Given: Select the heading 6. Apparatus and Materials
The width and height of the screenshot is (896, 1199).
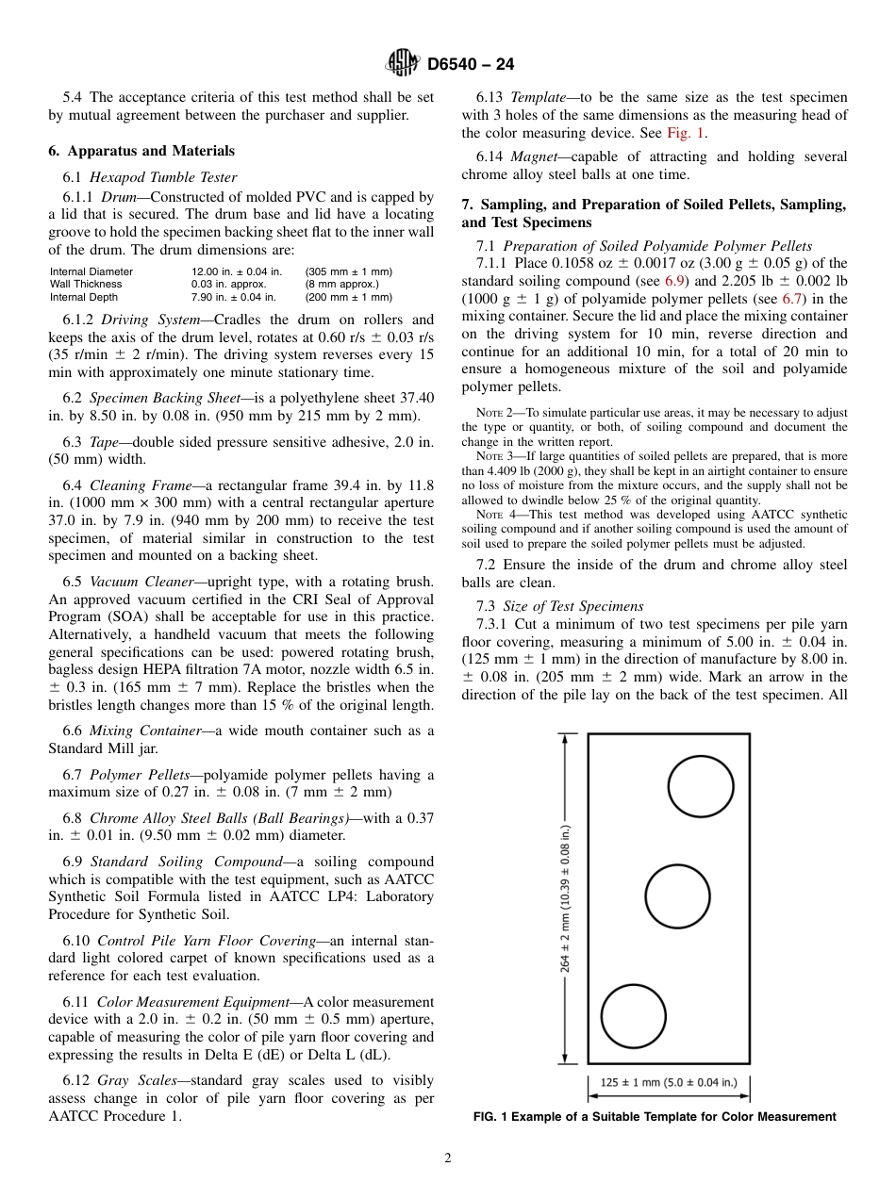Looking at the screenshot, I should (x=141, y=151).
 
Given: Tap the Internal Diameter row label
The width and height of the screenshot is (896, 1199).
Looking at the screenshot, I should (x=91, y=271).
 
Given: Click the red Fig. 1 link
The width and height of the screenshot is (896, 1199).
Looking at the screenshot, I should (x=686, y=133).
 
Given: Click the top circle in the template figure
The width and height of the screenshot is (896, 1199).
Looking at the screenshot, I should (x=701, y=786).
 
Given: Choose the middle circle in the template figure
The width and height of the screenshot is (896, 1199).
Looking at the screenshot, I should (x=677, y=895).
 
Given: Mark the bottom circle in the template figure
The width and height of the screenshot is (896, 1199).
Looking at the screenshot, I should (x=633, y=1016).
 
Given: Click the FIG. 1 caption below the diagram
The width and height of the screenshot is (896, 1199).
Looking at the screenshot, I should (x=654, y=1117).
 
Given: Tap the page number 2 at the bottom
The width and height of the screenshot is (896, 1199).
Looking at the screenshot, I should (x=448, y=1158).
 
